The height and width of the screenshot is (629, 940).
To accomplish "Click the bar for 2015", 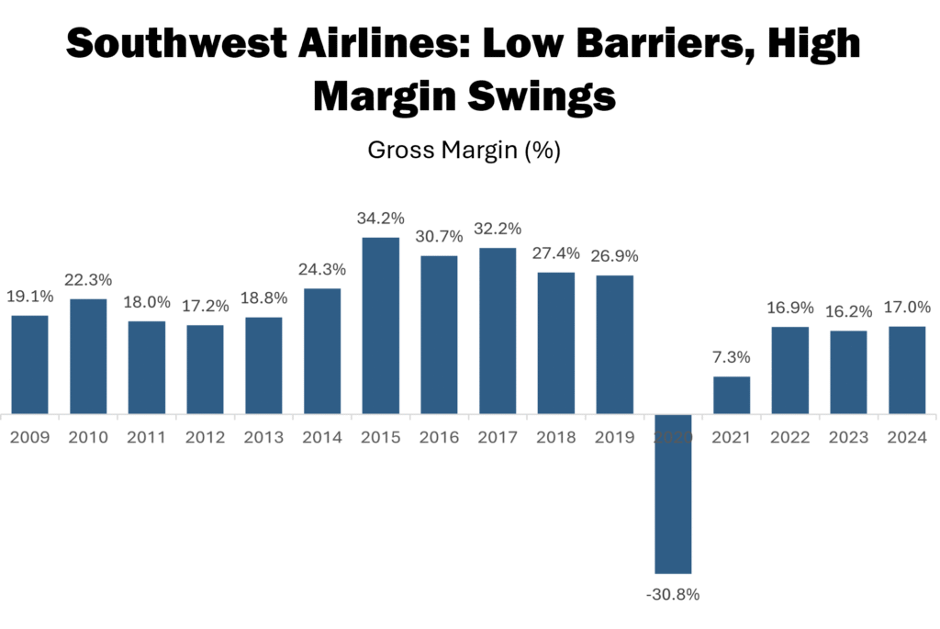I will coord(381,325).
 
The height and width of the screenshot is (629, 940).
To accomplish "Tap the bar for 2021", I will coord(732,395).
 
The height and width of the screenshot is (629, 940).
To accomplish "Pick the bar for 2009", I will coord(29,364).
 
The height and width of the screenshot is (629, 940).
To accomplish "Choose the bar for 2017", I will coord(498,331).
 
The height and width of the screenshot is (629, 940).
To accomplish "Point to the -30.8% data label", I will coord(673,594).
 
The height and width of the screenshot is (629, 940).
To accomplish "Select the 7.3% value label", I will coord(732,358).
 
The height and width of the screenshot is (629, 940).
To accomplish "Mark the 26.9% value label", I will coord(615,257).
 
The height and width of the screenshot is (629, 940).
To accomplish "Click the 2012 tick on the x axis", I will coord(206,437).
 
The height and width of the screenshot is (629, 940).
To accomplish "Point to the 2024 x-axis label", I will coord(906,437).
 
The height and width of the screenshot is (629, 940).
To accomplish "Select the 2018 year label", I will coord(556,437).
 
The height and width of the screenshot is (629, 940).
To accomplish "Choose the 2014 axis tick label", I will coord(322,437).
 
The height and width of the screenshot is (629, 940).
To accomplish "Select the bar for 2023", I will coord(848,372).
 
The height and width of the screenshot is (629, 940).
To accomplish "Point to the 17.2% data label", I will coord(206,307).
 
